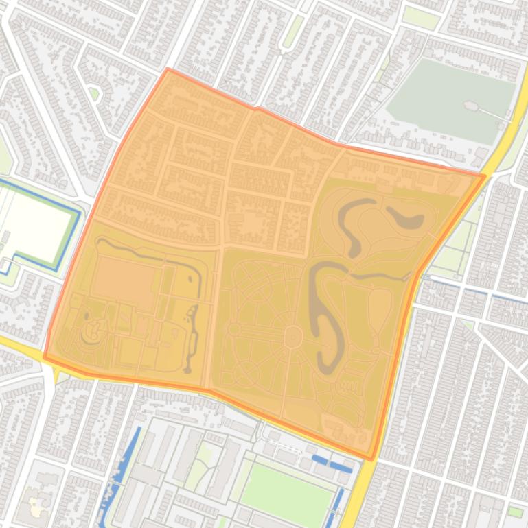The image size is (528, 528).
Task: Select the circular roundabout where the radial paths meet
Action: pyautogui.click(x=293, y=337)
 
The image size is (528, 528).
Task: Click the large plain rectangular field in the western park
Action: pyautogui.click(x=125, y=283)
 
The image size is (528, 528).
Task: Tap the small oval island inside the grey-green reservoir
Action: pyautogui.click(x=471, y=106)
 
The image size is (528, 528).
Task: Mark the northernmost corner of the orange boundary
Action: pyautogui.click(x=168, y=69)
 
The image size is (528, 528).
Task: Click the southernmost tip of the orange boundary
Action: pyautogui.click(x=370, y=459)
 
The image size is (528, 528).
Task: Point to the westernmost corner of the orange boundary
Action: pyautogui.click(x=45, y=357)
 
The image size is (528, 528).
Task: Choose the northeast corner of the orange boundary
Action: pyautogui.click(x=485, y=176)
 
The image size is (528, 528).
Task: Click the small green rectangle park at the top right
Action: pyautogui.click(x=420, y=17)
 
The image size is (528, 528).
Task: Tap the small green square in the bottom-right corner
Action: pyautogui.click(x=515, y=512)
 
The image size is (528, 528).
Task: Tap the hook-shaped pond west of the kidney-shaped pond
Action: pyautogui.click(x=357, y=223)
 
